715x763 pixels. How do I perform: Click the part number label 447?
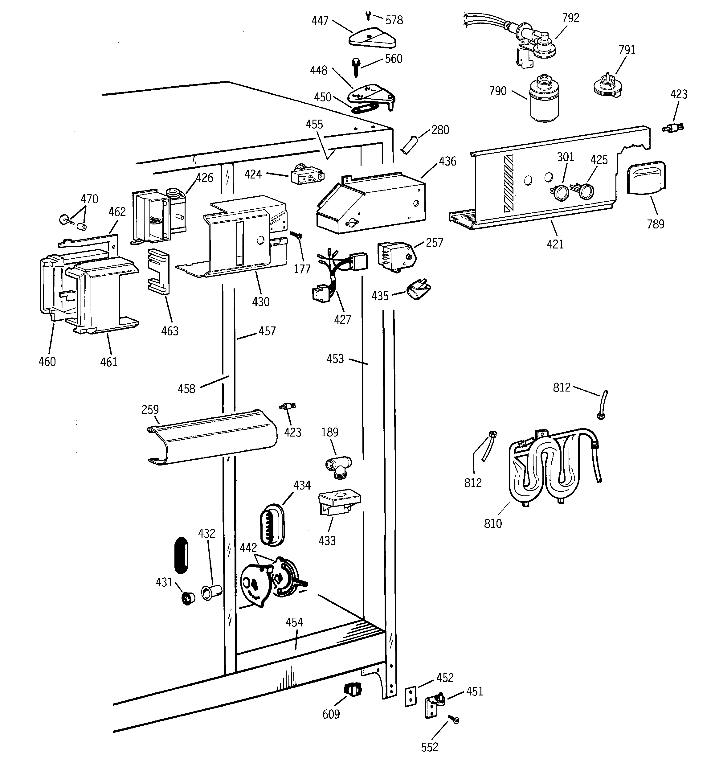pyautogui.click(x=320, y=21)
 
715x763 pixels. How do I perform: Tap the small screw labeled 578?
pyautogui.click(x=368, y=16)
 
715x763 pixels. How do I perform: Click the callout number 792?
pyautogui.click(x=570, y=18)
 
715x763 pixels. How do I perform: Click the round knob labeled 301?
pyautogui.click(x=562, y=191)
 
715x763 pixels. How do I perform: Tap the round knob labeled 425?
pyautogui.click(x=585, y=191)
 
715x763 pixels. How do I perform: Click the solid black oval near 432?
pyautogui.click(x=181, y=555)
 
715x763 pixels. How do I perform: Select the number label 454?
pyautogui.click(x=294, y=622)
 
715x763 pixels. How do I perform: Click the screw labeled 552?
pyautogui.click(x=454, y=720)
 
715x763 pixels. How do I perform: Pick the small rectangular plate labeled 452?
pyautogui.click(x=410, y=697)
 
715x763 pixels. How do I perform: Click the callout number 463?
pyautogui.click(x=170, y=331)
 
